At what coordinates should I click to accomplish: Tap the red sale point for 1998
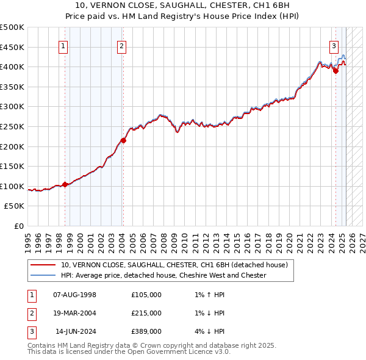click(x=65, y=184)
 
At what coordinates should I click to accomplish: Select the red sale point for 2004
click(x=123, y=140)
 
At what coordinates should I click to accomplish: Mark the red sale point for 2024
click(x=335, y=71)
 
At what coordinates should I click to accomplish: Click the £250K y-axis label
click(x=12, y=126)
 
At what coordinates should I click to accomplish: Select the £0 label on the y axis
click(x=20, y=226)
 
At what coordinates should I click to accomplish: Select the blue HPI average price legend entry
click(x=163, y=275)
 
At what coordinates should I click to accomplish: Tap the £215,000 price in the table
click(x=146, y=313)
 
